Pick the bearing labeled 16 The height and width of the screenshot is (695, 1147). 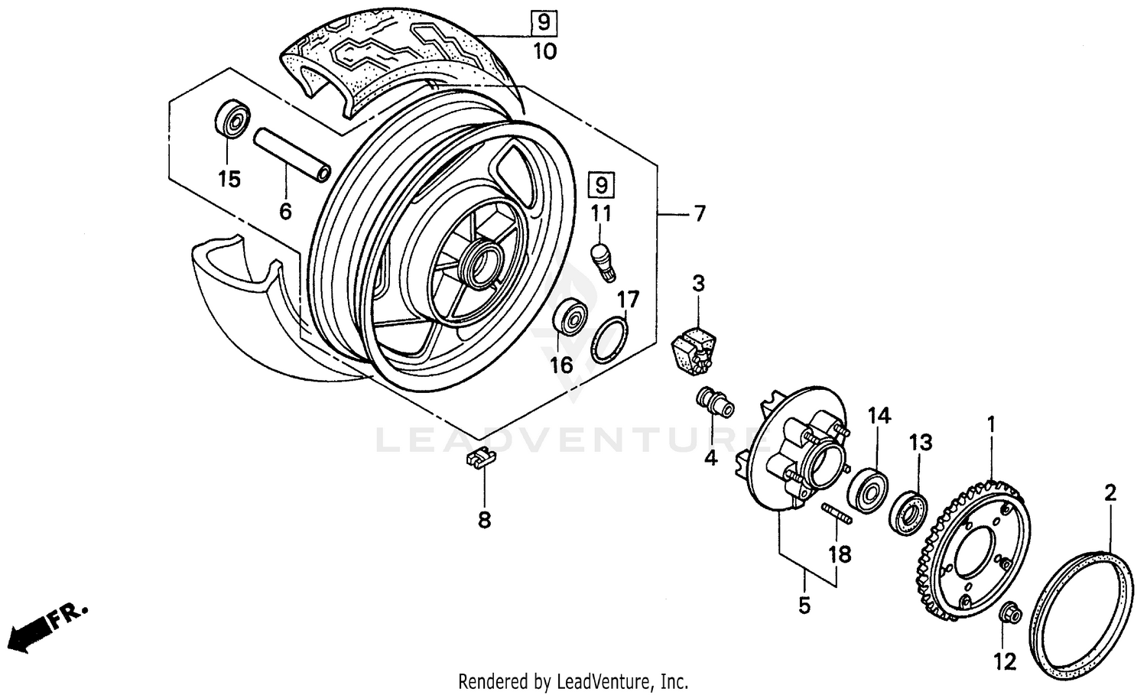pyautogui.click(x=570, y=319)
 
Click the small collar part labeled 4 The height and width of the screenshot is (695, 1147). pyautogui.click(x=713, y=402)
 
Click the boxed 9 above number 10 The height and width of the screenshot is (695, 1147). pyautogui.click(x=544, y=22)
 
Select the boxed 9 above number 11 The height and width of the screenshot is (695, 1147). pyautogui.click(x=601, y=185)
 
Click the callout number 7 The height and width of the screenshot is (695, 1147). pyautogui.click(x=699, y=214)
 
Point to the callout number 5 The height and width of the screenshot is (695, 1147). pyautogui.click(x=803, y=606)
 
